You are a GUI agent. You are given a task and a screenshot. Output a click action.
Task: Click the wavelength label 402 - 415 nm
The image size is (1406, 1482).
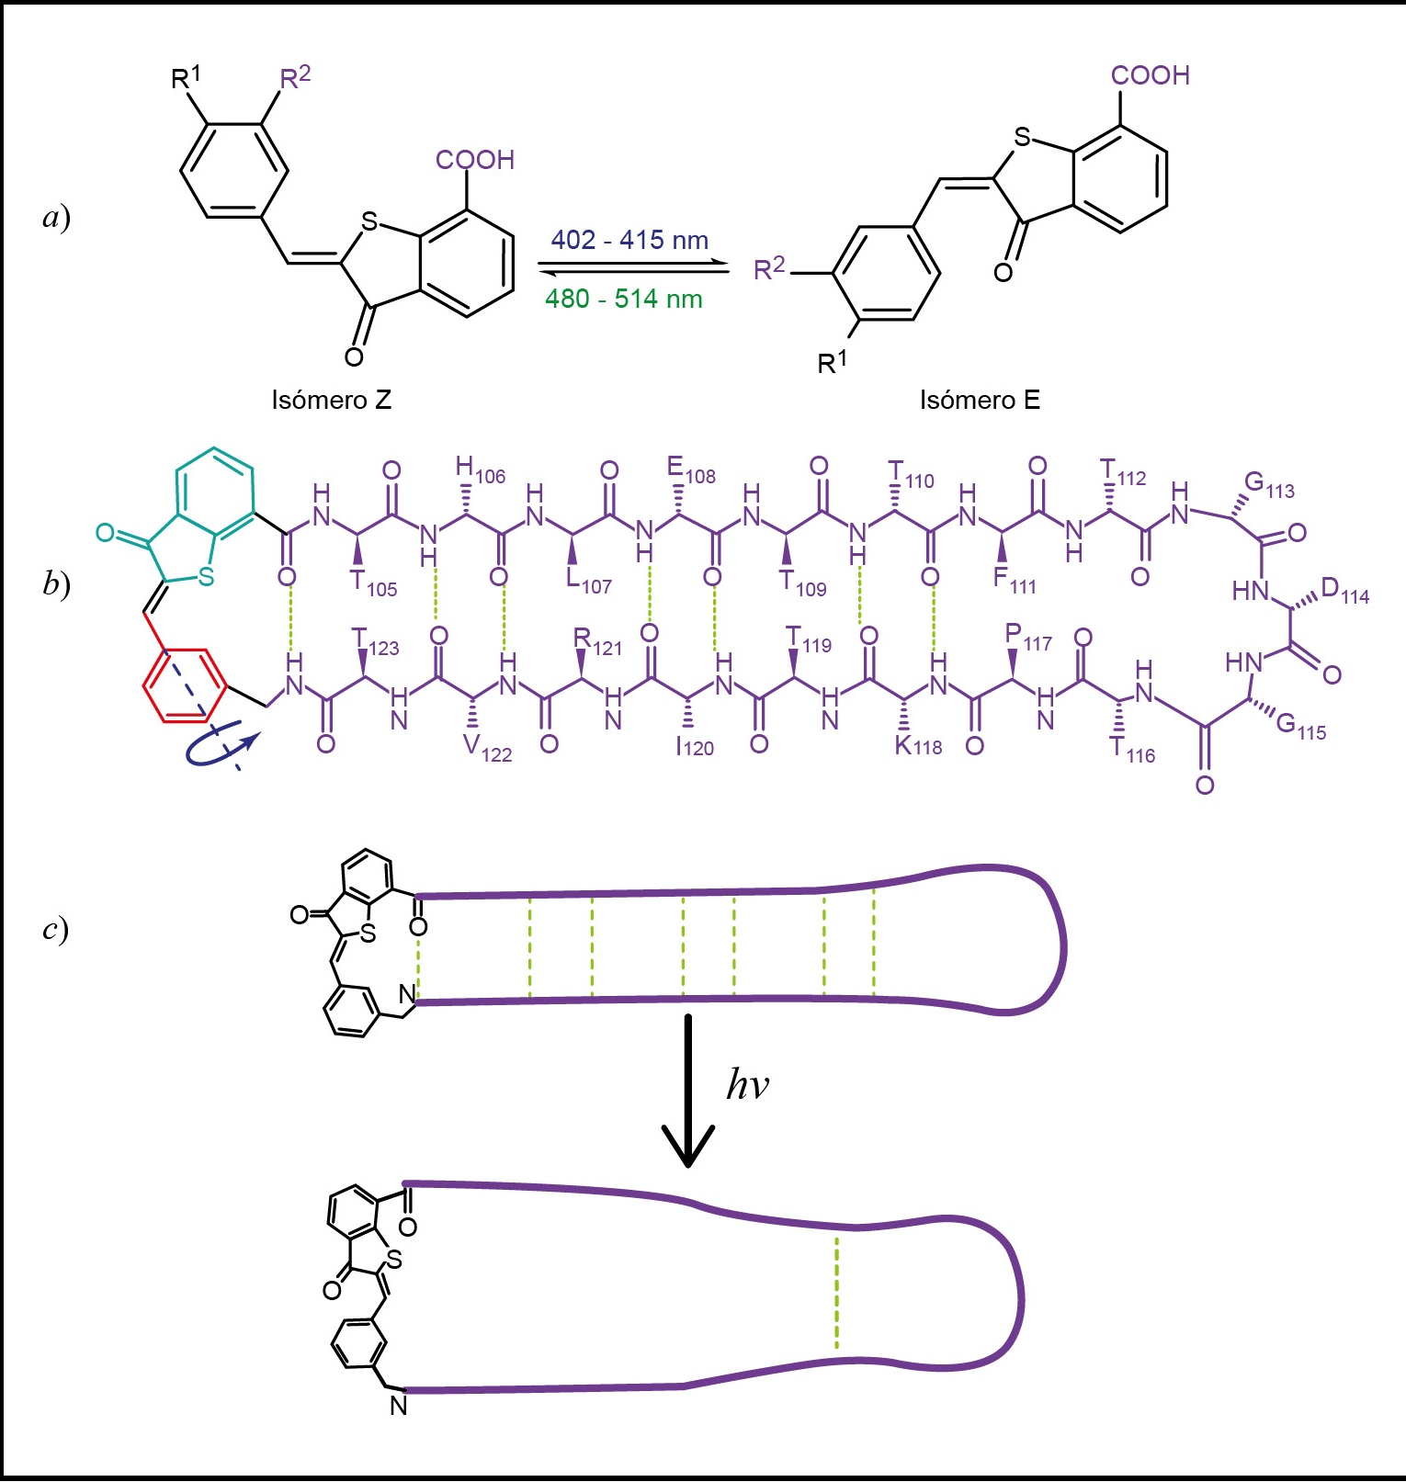pos(629,241)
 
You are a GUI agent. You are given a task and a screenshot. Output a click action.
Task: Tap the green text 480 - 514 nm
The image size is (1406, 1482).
pos(624,299)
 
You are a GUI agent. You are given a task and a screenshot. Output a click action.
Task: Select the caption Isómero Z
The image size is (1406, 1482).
pos(332,400)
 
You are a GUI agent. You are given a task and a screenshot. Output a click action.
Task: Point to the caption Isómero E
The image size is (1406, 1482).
pos(980,400)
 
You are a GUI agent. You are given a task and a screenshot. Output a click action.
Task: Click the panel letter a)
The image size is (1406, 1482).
pos(57,218)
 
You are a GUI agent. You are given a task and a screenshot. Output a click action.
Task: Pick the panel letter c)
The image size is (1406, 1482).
pos(55,930)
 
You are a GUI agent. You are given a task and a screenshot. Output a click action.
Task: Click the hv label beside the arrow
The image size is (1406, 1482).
pos(747,1084)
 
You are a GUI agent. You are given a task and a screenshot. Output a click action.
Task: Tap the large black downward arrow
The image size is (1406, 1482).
pos(687,1091)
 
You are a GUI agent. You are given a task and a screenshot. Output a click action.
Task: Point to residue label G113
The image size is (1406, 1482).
pos(1269,485)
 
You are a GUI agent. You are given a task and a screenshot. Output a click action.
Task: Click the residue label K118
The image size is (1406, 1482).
pos(918,745)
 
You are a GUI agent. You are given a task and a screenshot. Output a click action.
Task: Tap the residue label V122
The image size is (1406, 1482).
pos(487,749)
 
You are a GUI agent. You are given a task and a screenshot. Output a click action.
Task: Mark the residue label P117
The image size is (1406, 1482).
pos(1028,638)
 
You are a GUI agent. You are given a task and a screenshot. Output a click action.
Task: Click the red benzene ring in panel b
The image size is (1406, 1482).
pos(184,685)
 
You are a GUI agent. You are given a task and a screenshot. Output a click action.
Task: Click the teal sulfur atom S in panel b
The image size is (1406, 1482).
pos(206,576)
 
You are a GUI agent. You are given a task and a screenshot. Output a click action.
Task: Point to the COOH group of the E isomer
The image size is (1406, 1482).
pos(1151,75)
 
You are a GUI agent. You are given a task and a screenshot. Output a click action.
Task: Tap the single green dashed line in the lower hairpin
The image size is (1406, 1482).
pos(836,1293)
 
